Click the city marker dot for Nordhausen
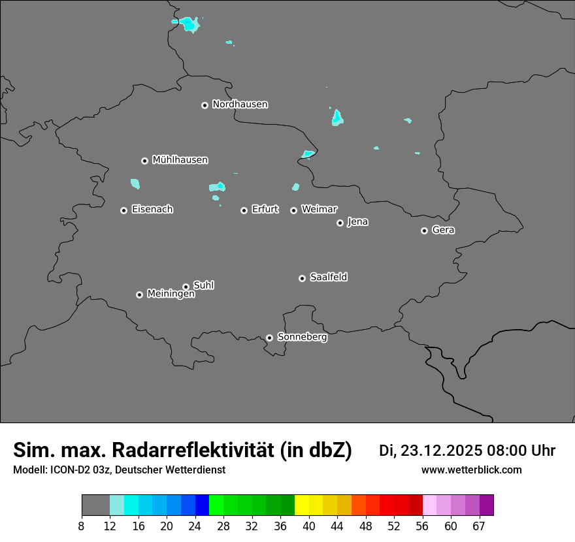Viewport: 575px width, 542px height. pos(205,105)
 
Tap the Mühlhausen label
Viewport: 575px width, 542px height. pos(180,160)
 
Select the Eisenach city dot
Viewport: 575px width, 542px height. pos(123,210)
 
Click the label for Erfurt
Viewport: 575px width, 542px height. pos(265,210)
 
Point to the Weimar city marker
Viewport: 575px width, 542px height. pos(293,210)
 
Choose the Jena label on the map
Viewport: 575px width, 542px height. pos(357,222)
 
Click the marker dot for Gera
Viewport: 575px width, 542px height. pos(424,231)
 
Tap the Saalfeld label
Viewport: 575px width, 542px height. pos(328,278)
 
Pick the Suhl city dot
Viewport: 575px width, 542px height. pos(186,287)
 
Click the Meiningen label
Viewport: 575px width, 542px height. pos(171,295)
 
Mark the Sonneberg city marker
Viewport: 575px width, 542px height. pos(269,338)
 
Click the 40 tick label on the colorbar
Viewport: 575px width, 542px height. pos(309,526)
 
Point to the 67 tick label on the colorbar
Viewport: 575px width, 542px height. pos(479,526)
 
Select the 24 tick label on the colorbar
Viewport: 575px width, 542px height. pos(195,526)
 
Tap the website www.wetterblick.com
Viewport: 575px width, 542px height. pos(471,470)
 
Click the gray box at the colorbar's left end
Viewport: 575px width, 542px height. pos(95,505)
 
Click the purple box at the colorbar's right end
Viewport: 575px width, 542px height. pos(486,505)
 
